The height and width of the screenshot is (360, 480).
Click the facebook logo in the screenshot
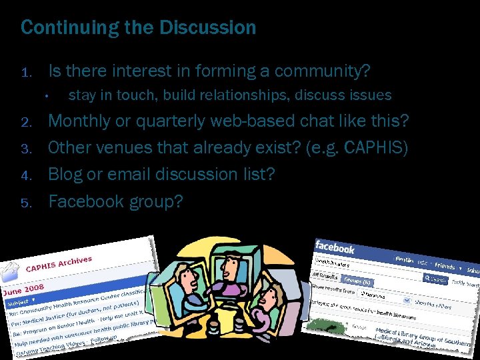(335, 247)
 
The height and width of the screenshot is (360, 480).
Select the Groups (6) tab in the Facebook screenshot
(356, 281)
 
